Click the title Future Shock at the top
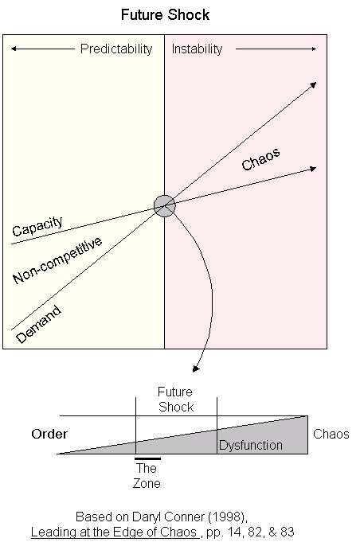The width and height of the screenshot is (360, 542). tap(165, 15)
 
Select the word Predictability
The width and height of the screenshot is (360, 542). tap(116, 49)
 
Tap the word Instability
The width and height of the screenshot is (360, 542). tap(198, 49)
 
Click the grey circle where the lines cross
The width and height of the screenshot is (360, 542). tap(164, 205)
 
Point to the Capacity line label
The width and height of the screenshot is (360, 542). tap(37, 227)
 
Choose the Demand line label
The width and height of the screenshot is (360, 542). tap(38, 322)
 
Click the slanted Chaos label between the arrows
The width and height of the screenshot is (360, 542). tap(260, 158)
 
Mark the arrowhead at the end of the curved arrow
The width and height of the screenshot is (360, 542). tap(196, 368)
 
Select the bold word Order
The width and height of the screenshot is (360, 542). tap(49, 435)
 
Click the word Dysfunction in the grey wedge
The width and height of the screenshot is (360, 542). tap(251, 446)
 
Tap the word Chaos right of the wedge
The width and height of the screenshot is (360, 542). tap(331, 435)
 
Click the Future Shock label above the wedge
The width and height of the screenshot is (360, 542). tap(175, 400)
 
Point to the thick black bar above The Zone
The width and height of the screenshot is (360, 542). tap(147, 458)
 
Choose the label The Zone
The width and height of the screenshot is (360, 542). tap(147, 476)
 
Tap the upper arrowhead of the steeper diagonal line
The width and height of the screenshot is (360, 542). tap(314, 84)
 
